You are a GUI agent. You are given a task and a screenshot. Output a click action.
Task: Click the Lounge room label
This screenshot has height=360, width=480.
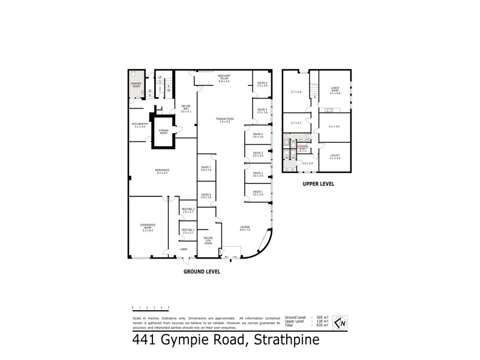coord(244,228)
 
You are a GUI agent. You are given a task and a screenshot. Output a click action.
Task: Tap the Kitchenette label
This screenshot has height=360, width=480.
coord(140,125)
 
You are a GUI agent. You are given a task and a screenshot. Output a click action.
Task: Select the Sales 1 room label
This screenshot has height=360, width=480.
coord(258,193)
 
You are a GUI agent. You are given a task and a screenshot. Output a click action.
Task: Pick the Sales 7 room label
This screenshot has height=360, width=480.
coord(206,169)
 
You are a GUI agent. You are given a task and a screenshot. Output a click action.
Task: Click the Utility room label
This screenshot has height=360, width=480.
coord(335,157)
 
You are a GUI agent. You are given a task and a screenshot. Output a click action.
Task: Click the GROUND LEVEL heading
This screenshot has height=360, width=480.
coord(202,272)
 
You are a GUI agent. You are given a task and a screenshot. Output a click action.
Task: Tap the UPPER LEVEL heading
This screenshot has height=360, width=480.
coord(318,184)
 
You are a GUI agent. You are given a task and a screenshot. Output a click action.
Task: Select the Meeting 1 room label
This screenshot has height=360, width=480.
coord(188,231)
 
